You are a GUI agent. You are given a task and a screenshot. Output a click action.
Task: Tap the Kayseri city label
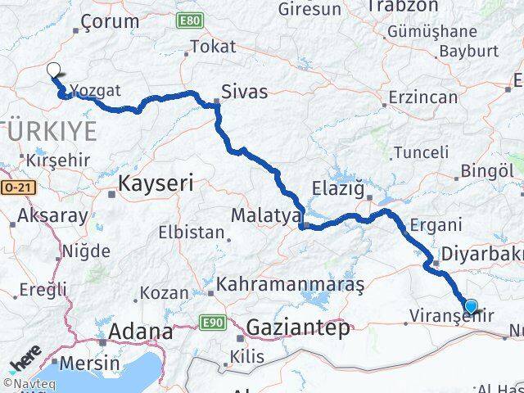(156, 184)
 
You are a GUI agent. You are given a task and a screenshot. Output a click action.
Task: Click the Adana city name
(142, 332)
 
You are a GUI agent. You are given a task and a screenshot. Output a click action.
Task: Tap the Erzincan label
(423, 97)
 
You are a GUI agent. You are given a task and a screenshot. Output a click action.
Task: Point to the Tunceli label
(421, 152)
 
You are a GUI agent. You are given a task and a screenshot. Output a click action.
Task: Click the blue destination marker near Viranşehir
(470, 306)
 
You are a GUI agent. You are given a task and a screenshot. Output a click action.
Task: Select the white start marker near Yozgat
(54, 70)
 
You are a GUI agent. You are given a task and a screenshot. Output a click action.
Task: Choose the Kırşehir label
(58, 159)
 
